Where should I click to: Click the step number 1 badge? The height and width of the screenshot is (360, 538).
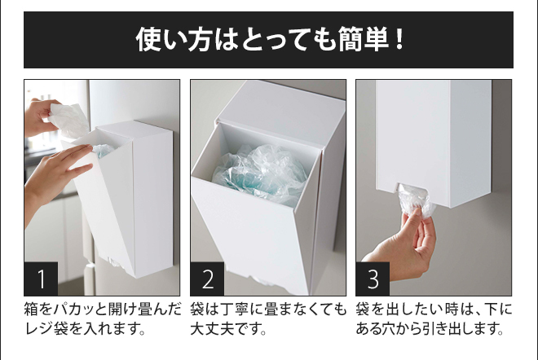41,279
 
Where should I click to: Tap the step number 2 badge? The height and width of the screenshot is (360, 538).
207,279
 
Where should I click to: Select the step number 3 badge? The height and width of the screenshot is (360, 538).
373,279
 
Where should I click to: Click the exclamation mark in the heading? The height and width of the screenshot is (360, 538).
399,39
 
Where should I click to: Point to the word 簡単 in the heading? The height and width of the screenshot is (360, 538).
364,39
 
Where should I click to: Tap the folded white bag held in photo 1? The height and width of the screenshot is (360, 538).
68,120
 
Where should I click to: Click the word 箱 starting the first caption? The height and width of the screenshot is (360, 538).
32,310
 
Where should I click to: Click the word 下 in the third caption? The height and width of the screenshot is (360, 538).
490,310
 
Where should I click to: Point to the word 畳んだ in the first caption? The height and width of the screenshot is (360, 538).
159,310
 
